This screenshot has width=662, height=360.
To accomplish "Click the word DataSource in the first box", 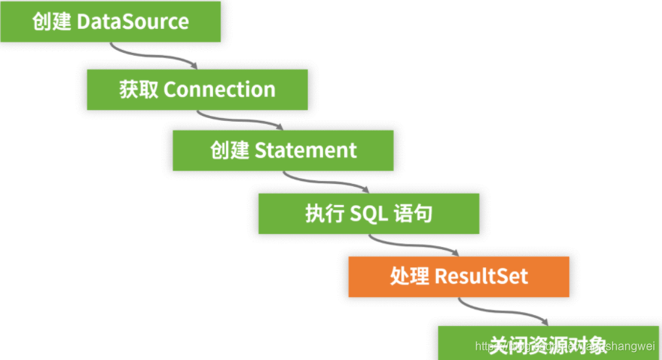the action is (133, 22).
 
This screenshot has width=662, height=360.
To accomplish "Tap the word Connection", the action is (219, 90).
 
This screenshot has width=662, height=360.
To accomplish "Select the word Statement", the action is (306, 151).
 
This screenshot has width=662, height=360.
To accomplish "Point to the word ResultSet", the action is (481, 276).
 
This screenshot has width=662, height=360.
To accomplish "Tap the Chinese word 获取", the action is (138, 90).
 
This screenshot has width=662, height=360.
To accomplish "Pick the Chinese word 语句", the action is (415, 214).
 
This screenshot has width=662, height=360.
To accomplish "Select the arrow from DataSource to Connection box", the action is (152, 56).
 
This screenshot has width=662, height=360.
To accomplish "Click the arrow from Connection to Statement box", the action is (239, 118).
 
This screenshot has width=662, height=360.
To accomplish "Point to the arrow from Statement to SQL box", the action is (325, 181).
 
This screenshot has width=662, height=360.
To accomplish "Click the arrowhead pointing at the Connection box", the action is (193, 66).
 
